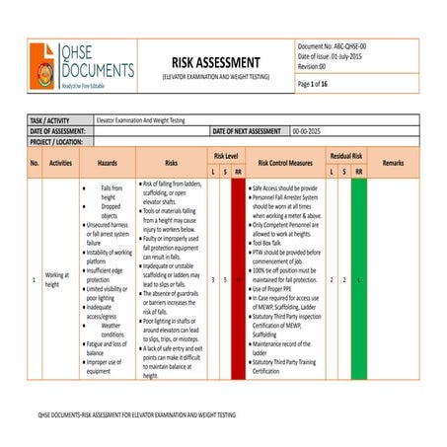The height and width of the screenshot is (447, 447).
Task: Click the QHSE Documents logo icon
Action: click(x=43, y=65)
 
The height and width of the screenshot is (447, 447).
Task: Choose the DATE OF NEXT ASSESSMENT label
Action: click(x=246, y=130)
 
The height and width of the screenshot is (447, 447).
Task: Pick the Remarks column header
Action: click(x=393, y=163)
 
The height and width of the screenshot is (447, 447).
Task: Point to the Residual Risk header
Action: click(x=345, y=156)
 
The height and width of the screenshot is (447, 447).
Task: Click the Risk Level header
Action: click(x=225, y=156)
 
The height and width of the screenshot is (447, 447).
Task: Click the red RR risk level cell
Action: click(x=238, y=280)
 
